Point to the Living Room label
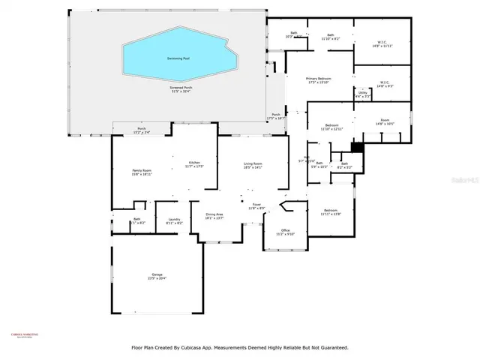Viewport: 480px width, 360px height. (252, 164)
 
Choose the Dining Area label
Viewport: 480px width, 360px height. (214, 215)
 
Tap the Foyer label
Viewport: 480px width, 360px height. (256, 205)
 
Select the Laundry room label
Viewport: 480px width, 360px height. (173, 221)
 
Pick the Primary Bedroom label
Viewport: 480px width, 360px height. (318, 79)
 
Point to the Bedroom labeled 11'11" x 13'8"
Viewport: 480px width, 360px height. (331, 212)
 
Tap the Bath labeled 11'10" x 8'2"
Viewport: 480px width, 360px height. (330, 35)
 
